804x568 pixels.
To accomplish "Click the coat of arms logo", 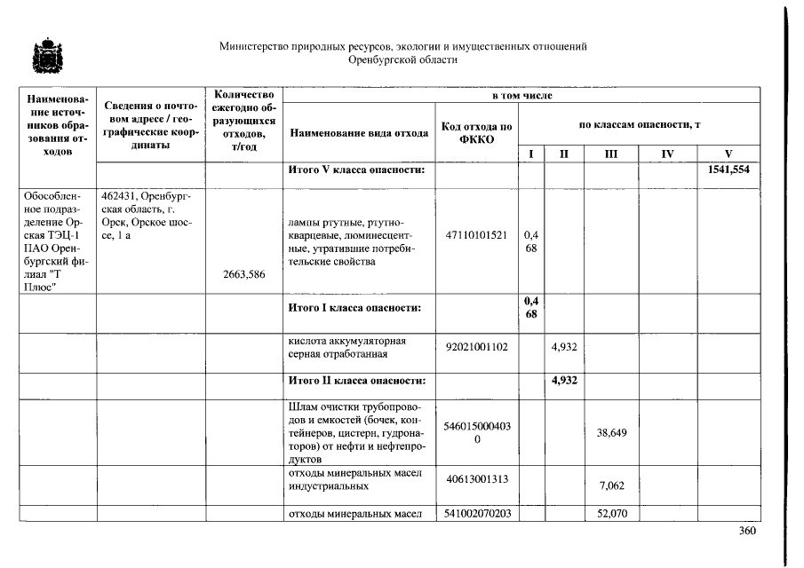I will [42, 56].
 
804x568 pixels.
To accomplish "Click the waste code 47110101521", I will [476, 235].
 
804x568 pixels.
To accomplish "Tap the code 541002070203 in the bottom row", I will [476, 513].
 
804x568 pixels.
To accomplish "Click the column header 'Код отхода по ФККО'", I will [476, 132].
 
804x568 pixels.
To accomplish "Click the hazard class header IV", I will [667, 154].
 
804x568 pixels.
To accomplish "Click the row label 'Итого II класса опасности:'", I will [357, 381].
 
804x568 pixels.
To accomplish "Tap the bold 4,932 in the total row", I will [564, 381].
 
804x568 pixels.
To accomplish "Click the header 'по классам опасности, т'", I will [639, 125].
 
